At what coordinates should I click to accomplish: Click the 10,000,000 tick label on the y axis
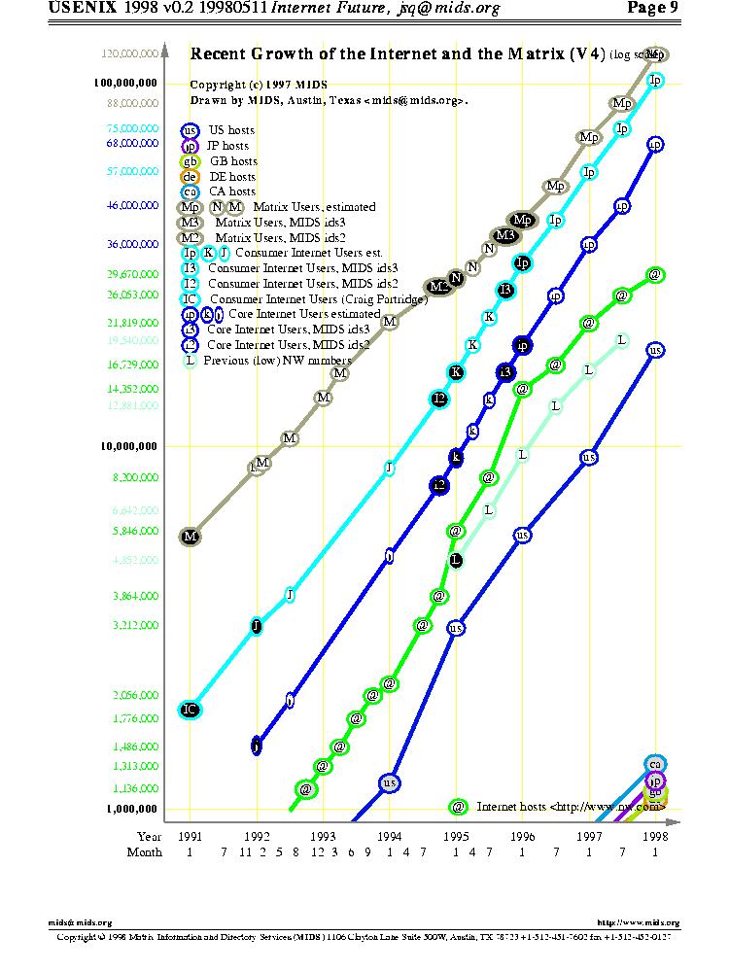click(131, 447)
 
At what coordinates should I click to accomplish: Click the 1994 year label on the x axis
click(390, 835)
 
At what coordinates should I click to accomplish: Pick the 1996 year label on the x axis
click(522, 835)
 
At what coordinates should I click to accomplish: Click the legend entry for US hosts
click(231, 130)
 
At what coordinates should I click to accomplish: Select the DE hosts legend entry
click(231, 177)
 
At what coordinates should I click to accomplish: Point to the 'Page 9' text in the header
click(652, 9)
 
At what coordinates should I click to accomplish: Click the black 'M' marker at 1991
click(191, 536)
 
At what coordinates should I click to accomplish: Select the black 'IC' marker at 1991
click(191, 710)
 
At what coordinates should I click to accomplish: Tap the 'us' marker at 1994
click(390, 782)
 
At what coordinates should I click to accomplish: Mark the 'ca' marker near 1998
click(655, 765)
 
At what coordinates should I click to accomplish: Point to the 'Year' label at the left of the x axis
click(149, 835)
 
